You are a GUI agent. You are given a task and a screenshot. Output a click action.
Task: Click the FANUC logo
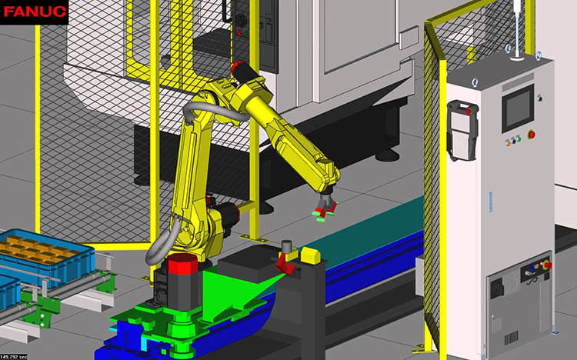coord(34,12)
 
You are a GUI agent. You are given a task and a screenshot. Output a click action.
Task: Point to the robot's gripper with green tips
coord(324,206)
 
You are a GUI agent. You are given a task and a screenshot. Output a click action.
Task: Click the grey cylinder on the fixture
coord(287,247)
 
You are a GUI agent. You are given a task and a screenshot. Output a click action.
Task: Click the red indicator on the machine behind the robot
coord(240,33)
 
